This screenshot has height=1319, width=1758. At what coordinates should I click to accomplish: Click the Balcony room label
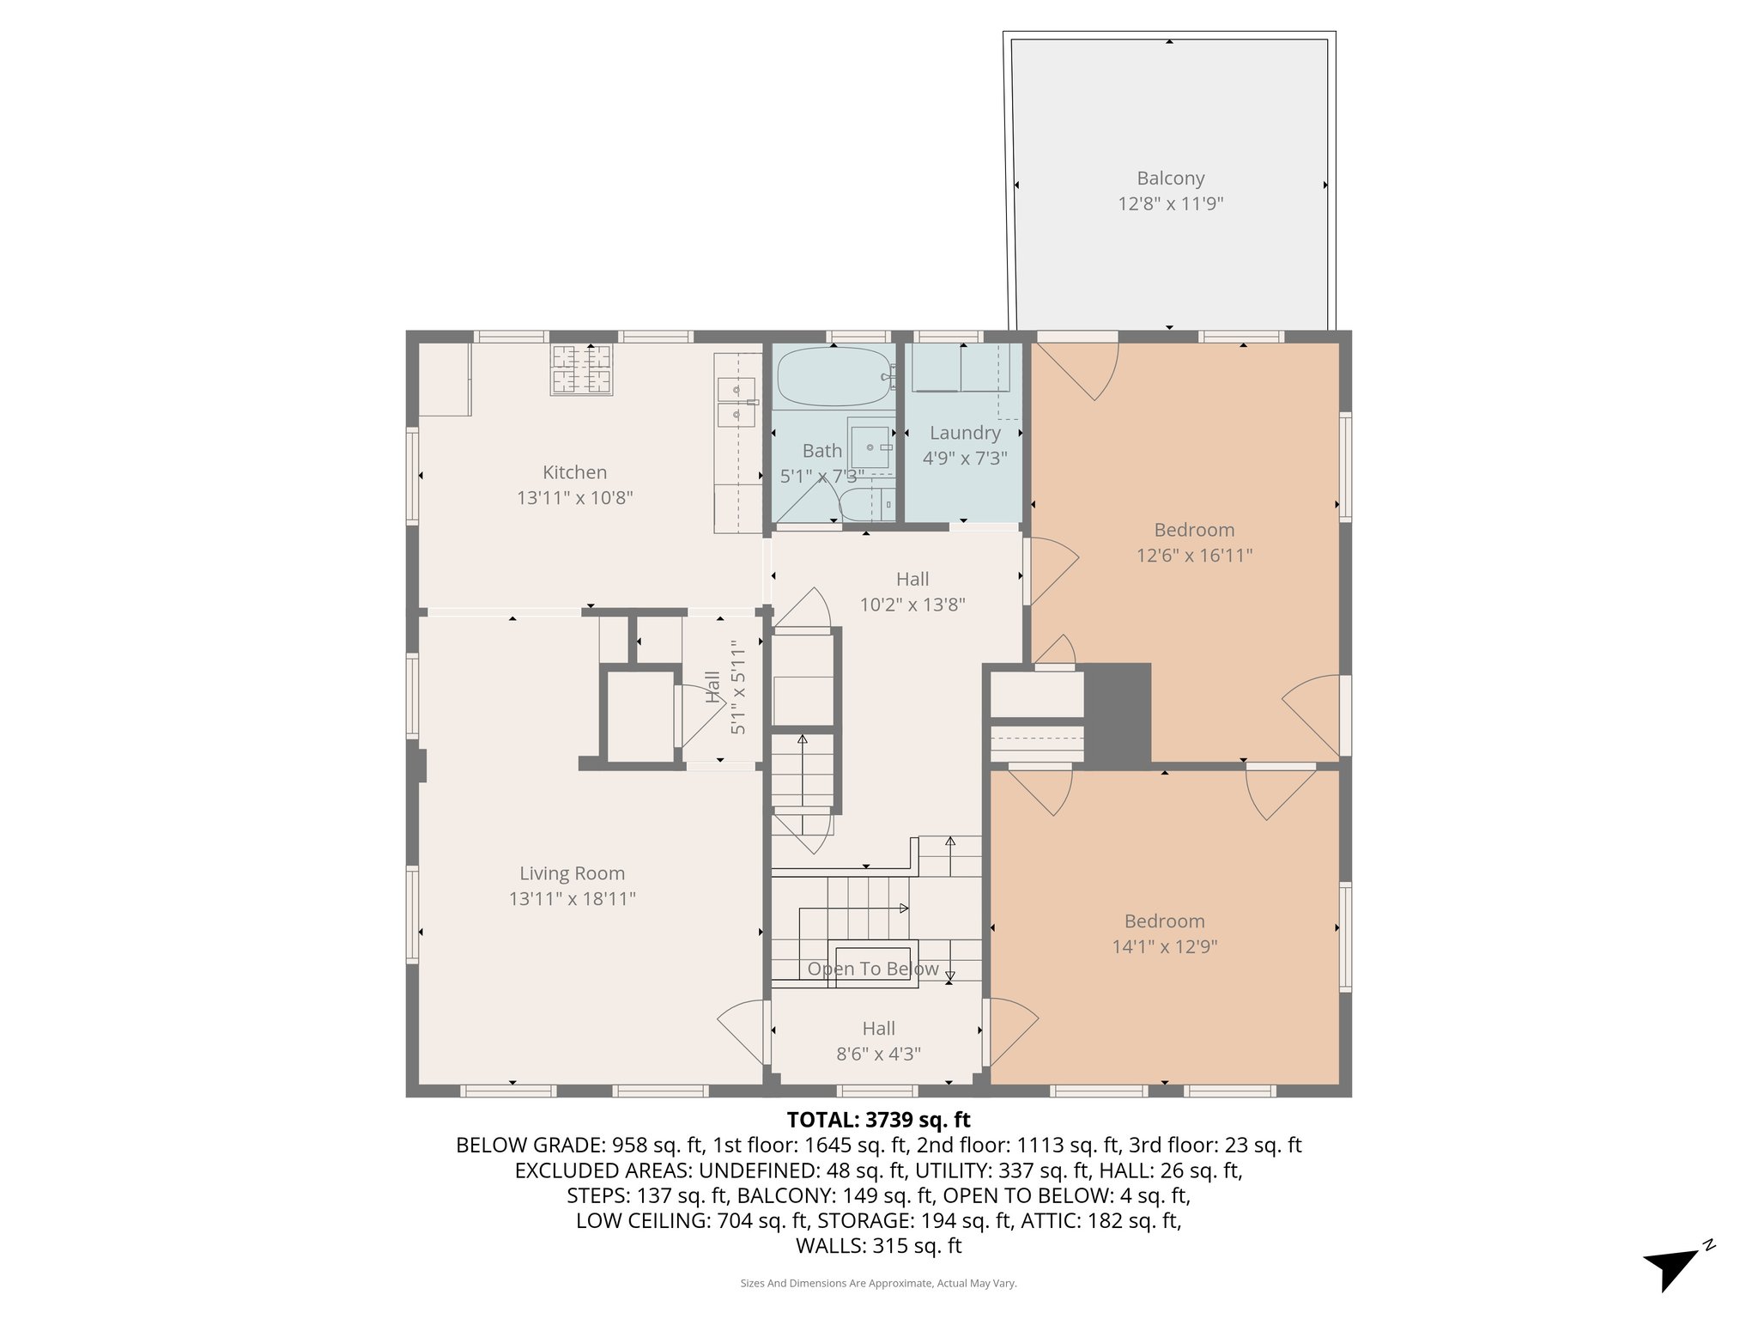pos(1170,179)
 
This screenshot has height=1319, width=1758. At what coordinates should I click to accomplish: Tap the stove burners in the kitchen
pos(581,370)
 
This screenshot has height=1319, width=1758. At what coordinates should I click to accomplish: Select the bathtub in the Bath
pos(833,377)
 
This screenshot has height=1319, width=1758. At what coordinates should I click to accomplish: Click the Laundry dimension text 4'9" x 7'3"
pos(965,459)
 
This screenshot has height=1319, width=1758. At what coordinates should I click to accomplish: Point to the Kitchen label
pos(574,472)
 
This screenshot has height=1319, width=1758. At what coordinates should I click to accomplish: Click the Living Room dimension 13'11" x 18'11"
pos(572,899)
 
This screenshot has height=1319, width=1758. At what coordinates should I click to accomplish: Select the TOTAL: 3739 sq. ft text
pos(878,1120)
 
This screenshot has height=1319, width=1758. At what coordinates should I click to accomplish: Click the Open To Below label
pos(872,969)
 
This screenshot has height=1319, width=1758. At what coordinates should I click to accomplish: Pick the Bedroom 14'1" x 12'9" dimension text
pos(1165,947)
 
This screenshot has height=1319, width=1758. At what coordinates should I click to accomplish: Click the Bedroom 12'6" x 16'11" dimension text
pos(1194,556)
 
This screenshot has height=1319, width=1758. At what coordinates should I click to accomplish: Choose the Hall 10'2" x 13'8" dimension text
pos(912,605)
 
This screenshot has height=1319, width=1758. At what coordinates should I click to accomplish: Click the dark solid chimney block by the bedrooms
pos(1118,714)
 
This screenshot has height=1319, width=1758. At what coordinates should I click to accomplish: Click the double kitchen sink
pos(737,403)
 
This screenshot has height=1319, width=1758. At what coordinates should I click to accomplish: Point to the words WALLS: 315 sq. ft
pos(878,1246)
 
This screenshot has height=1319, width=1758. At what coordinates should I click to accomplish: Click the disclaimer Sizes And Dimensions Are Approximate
pos(878,1284)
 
